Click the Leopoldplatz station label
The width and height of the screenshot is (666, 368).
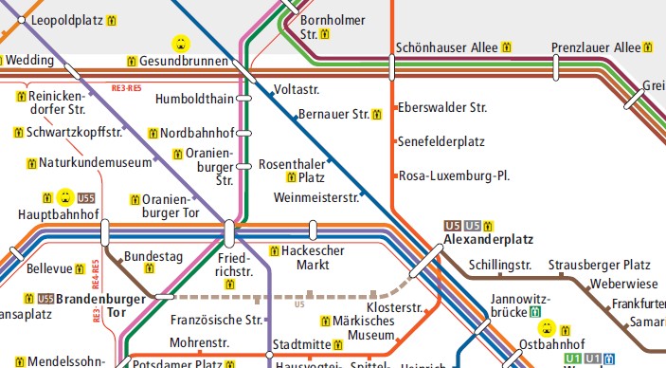tap(65, 19)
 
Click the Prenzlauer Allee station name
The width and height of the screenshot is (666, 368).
tap(596, 47)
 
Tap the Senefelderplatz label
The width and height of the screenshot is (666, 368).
tap(441, 141)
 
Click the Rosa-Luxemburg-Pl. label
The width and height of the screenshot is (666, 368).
tap(455, 175)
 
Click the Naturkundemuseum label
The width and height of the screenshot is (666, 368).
tap(95, 162)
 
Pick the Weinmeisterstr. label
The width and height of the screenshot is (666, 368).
tap(315, 197)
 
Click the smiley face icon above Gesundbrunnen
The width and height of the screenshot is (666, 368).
tap(179, 43)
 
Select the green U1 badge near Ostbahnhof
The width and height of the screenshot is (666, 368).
tap(572, 359)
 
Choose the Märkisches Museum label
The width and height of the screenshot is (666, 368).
tap(364, 328)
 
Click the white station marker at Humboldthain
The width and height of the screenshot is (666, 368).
tap(243, 98)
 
